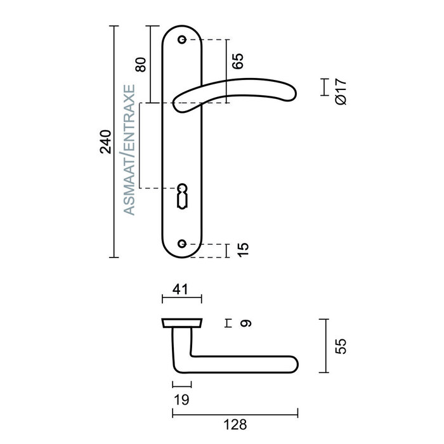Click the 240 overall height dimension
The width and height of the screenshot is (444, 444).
point(105,141)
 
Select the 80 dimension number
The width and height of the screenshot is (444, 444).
point(141,65)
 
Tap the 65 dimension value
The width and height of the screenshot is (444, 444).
point(238,61)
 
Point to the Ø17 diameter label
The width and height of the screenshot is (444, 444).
point(341,92)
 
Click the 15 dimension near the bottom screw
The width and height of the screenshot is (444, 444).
point(243,250)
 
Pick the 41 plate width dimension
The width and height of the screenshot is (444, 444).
point(180,289)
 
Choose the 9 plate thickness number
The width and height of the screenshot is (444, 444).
point(245,323)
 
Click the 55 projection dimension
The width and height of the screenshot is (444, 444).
point(341,346)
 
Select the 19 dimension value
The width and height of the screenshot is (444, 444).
point(181,400)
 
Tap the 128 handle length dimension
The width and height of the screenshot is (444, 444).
point(235,425)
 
